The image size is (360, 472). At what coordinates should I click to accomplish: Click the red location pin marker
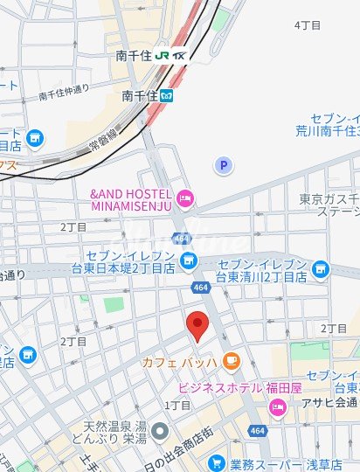tap(197, 324)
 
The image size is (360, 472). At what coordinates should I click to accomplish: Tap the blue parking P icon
tap(224, 164)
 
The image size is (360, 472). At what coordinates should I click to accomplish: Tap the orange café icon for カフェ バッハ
tap(231, 360)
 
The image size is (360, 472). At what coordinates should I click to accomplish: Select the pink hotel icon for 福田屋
tap(278, 407)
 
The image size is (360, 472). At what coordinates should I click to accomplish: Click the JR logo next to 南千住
tap(163, 54)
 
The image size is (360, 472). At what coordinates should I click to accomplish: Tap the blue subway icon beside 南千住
tap(167, 95)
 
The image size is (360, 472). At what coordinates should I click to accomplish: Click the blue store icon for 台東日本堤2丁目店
tap(188, 259)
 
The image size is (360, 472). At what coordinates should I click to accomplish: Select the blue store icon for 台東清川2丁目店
tap(321, 270)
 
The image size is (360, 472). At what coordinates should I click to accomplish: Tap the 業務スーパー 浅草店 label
tap(281, 463)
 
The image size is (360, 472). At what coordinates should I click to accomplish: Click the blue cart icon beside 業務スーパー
tap(213, 462)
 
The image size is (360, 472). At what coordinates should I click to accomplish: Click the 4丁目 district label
tap(308, 25)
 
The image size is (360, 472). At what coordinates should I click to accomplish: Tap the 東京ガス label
tap(329, 198)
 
